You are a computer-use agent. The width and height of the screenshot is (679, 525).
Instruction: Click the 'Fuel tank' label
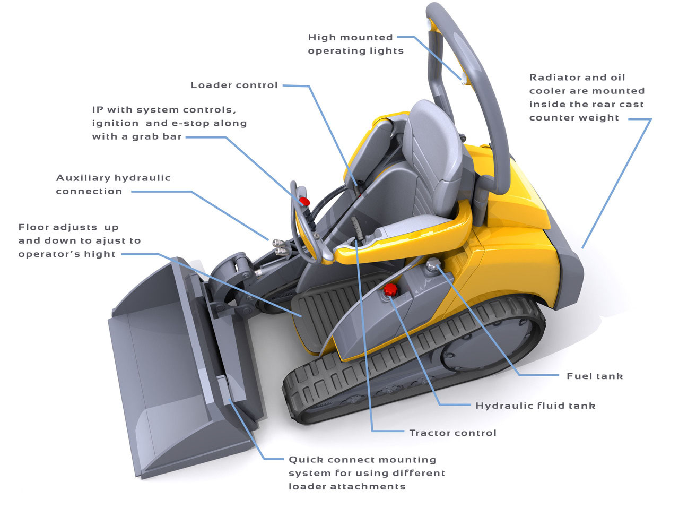pyautogui.click(x=595, y=376)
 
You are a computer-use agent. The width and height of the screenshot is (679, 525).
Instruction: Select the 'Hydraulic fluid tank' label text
pyautogui.click(x=535, y=406)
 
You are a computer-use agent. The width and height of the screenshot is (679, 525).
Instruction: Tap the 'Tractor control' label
pyautogui.click(x=453, y=433)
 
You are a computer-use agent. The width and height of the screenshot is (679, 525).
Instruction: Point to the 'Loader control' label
pyautogui.click(x=234, y=85)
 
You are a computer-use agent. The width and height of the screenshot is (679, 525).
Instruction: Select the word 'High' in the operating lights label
pyautogui.click(x=320, y=38)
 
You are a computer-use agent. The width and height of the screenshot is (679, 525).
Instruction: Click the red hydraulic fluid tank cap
pyautogui.click(x=390, y=289)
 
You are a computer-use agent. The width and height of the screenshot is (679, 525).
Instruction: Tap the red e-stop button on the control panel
pyautogui.click(x=304, y=201)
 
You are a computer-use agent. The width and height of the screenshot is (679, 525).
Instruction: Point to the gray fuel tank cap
pyautogui.click(x=433, y=264)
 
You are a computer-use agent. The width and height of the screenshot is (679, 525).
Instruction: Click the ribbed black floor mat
pyautogui.click(x=331, y=309)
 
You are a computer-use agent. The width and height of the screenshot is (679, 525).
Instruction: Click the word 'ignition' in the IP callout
pyautogui.click(x=115, y=123)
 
